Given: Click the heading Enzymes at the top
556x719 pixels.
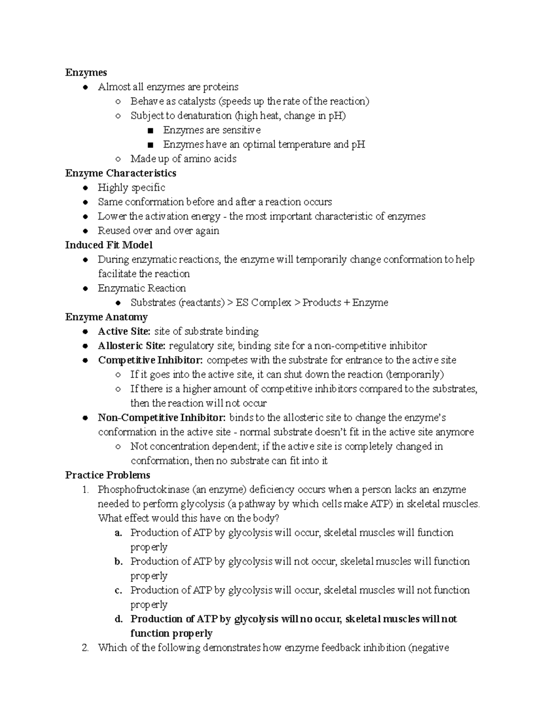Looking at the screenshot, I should (x=86, y=73).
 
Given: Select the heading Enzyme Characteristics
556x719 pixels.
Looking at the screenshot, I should (x=120, y=173).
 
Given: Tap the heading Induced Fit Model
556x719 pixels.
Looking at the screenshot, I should (x=108, y=245).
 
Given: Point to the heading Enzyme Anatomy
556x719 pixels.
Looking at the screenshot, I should (x=106, y=317).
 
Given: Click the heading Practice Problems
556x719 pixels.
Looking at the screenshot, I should (x=107, y=475).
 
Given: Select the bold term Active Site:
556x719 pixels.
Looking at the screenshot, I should (x=124, y=331).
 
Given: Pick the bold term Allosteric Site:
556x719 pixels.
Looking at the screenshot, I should (x=132, y=346).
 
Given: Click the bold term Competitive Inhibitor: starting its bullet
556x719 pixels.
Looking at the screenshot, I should (x=150, y=360).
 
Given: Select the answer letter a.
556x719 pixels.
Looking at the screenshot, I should (x=119, y=533).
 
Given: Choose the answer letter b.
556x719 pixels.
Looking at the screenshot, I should (x=119, y=562).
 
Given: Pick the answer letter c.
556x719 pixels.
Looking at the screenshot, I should (x=119, y=590).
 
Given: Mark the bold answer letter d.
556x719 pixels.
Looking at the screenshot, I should (x=119, y=619).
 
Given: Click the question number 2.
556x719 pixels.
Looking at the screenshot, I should (x=85, y=648).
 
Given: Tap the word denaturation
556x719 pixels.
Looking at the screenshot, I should (x=201, y=116).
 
